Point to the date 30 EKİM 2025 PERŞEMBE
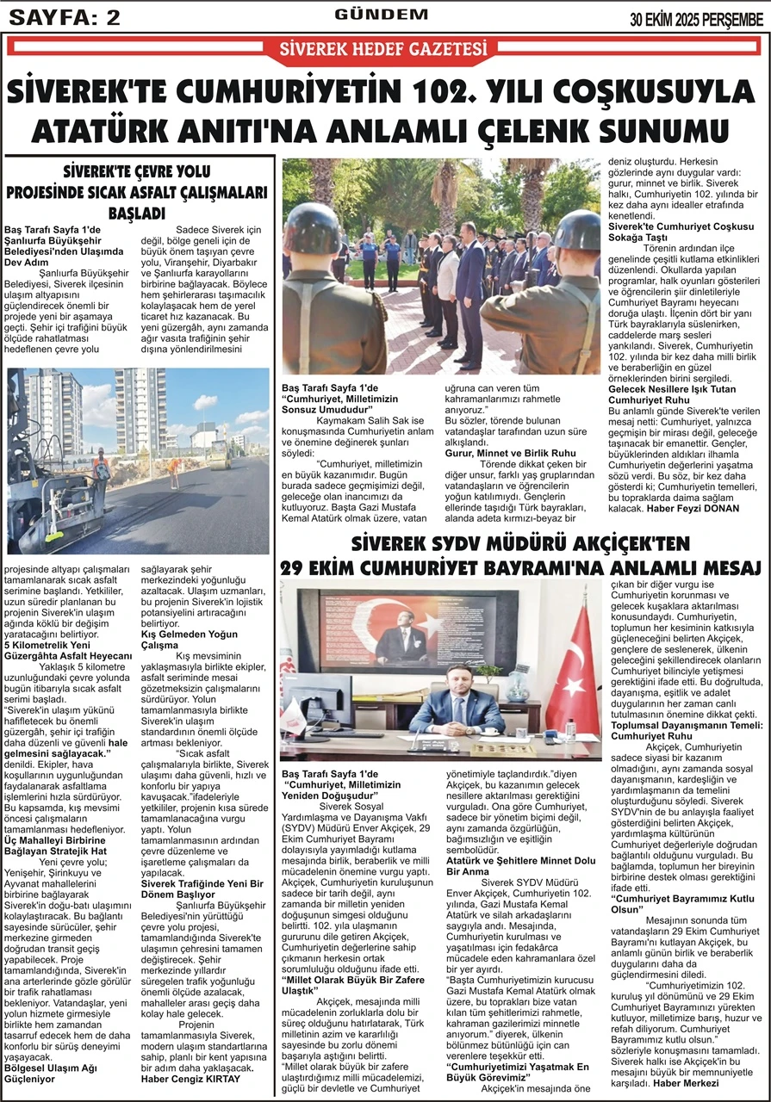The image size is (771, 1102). point(696,19)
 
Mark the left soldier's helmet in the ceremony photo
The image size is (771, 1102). point(313,226)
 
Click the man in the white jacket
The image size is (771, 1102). point(447,284)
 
